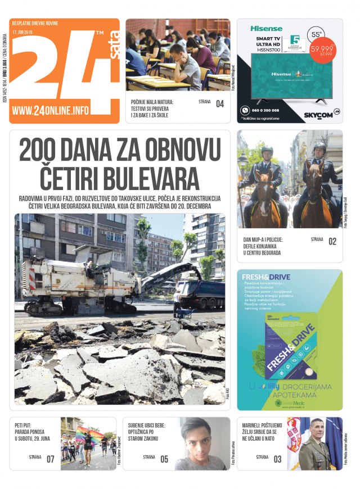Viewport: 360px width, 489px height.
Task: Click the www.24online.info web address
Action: [x=50, y=111]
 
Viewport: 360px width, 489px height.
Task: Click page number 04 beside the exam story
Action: [x=219, y=103]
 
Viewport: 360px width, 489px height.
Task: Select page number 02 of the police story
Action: [x=332, y=242]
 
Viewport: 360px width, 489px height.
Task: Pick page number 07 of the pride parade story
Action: [x=51, y=459]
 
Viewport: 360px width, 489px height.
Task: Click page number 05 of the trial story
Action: [x=164, y=459]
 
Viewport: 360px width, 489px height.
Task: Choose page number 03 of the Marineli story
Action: [x=278, y=459]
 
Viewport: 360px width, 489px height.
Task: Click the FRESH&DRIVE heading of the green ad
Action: [x=266, y=277]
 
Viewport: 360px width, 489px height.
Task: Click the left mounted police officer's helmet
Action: [x=267, y=151]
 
